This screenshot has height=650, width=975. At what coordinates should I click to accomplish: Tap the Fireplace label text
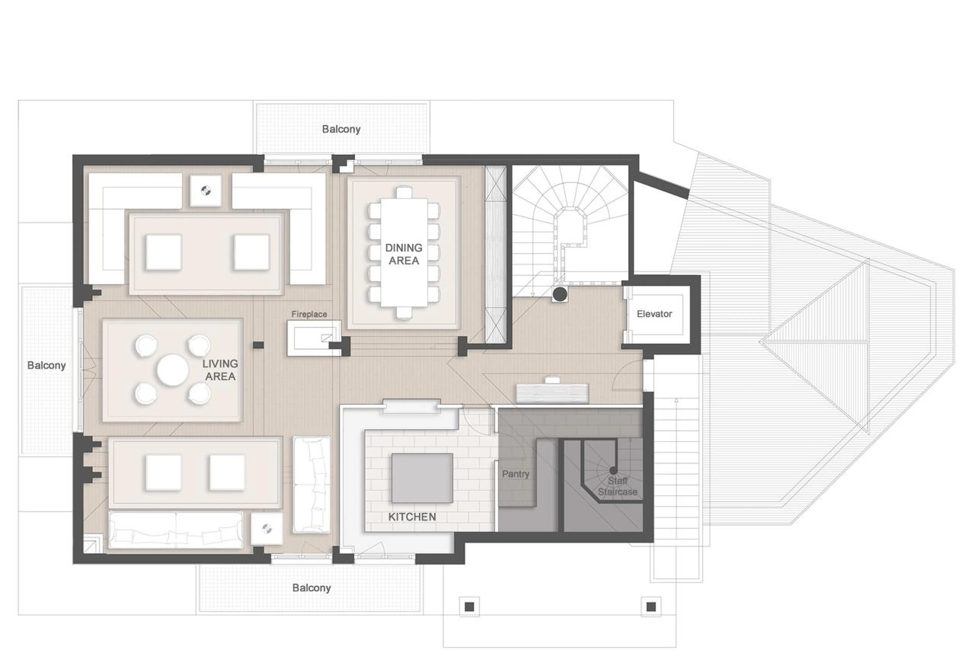click(x=309, y=314)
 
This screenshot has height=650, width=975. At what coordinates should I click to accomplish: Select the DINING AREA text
click(x=404, y=254)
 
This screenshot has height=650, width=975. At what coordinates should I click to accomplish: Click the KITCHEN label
click(x=412, y=517)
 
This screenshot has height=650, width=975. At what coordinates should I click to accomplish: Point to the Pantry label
click(x=515, y=474)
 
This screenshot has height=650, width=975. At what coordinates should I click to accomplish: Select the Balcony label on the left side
click(x=46, y=365)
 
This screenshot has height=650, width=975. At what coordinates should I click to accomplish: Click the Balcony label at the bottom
click(x=311, y=588)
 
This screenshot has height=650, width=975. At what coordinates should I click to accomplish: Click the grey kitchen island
click(x=422, y=478)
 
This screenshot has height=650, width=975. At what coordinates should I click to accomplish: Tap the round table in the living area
click(x=173, y=370)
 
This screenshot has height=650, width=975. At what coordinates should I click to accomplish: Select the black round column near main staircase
click(x=560, y=294)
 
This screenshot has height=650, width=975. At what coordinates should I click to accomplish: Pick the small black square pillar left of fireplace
click(x=258, y=345)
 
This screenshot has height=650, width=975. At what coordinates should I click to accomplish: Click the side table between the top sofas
click(x=205, y=191)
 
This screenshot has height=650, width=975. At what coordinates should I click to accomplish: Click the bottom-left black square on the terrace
click(x=469, y=607)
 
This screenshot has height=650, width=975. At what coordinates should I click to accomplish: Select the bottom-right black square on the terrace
click(x=651, y=607)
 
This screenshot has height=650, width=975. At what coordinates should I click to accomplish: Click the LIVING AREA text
click(x=220, y=370)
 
